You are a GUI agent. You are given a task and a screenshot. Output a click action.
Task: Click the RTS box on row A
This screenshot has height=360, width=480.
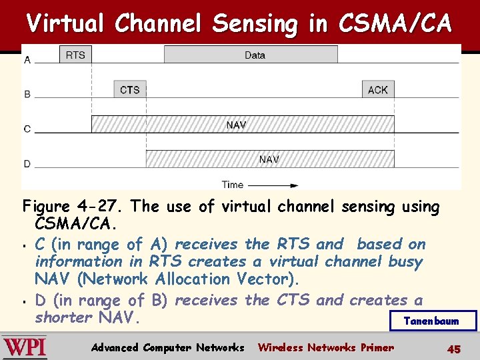75,55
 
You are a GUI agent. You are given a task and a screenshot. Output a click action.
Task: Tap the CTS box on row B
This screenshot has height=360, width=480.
129,89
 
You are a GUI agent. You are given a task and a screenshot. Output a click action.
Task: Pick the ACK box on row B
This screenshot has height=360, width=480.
377,89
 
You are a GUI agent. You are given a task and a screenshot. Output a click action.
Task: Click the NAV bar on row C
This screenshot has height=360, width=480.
242,124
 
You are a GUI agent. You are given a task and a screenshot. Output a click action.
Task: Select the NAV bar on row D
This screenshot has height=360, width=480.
269,159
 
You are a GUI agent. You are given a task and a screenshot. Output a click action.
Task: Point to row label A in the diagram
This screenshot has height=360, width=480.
27,60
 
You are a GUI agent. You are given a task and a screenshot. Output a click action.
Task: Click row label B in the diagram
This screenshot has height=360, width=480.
27,95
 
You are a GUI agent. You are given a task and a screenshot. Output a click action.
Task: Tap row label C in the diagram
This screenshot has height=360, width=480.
27,129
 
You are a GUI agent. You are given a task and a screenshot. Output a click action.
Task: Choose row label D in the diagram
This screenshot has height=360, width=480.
27,164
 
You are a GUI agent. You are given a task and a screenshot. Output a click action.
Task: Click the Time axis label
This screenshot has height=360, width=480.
233,185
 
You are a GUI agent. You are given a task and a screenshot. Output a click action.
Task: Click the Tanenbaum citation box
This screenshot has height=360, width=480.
433,321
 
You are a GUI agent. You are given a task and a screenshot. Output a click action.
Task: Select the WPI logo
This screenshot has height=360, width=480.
25,347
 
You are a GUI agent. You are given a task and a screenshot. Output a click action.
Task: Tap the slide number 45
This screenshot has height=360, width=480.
454,349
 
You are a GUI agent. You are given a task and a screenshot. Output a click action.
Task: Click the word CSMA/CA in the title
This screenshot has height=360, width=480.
395,23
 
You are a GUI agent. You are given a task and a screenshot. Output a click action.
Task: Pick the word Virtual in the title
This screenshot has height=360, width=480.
66,23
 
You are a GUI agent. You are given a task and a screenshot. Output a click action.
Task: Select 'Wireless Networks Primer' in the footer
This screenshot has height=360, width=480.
325,347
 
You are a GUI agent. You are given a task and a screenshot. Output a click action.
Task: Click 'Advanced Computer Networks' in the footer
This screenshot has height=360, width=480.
167,347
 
